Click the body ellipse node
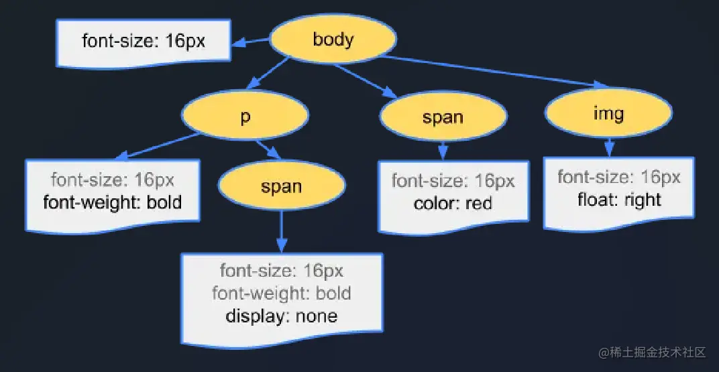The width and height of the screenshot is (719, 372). (333, 39)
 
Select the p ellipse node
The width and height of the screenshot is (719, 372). (245, 116)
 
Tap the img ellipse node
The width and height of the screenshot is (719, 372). (608, 113)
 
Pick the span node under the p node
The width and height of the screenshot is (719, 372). (281, 186)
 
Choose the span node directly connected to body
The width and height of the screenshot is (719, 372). (442, 117)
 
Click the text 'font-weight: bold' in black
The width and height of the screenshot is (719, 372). (113, 202)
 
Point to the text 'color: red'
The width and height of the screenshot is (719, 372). (453, 202)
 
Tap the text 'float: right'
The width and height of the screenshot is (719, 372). (618, 200)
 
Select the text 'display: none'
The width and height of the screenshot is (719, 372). (281, 315)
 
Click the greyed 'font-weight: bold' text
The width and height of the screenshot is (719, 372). (281, 293)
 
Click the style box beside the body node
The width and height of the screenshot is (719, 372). (144, 42)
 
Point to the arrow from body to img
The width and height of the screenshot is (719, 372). (490, 71)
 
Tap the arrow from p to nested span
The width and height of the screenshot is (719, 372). (268, 149)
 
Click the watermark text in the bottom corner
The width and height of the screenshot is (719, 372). (653, 352)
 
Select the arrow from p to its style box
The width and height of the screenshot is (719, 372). (158, 147)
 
